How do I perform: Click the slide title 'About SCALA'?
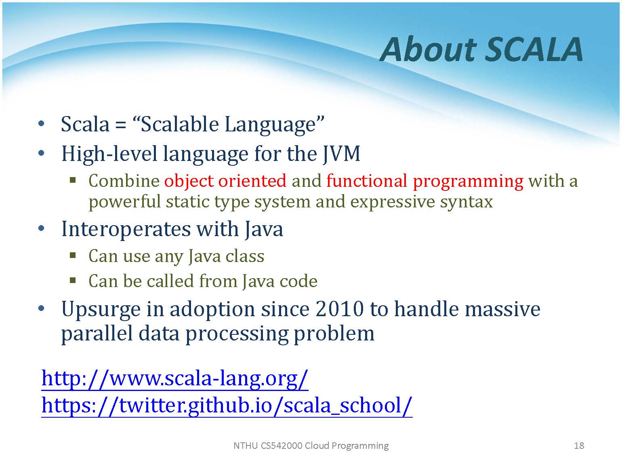pyautogui.click(x=481, y=50)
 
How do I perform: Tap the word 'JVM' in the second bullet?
pyautogui.click(x=341, y=154)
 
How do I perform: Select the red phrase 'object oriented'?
pyautogui.click(x=225, y=181)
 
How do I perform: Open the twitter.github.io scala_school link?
pyautogui.click(x=227, y=406)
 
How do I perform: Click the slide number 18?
pyautogui.click(x=579, y=446)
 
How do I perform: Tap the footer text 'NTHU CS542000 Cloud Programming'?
pyautogui.click(x=311, y=446)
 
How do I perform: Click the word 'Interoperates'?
pyautogui.click(x=126, y=229)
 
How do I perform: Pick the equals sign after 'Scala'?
pyautogui.click(x=121, y=125)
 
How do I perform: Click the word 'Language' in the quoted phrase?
pyautogui.click(x=271, y=125)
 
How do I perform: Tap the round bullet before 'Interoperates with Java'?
pyautogui.click(x=41, y=228)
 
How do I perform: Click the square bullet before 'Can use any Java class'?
pyautogui.click(x=73, y=256)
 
